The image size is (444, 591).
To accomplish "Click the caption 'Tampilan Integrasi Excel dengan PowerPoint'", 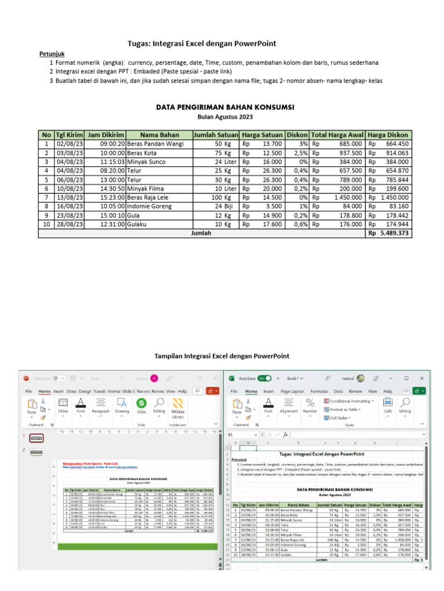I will (x=222, y=356).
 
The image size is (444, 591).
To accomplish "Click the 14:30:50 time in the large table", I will (x=106, y=188).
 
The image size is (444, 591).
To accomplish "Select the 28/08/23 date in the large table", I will (x=69, y=224).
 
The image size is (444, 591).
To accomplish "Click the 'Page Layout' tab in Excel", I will (x=292, y=391).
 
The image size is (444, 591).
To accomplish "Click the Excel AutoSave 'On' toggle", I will (x=265, y=378).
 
